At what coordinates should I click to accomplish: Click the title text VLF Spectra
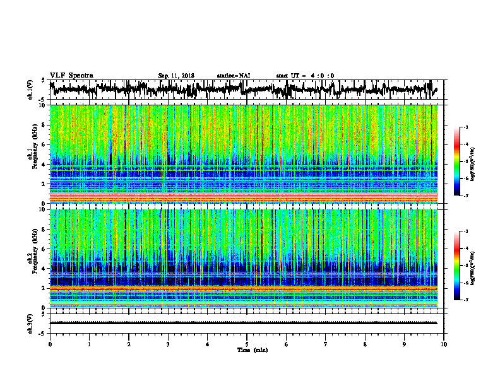71,76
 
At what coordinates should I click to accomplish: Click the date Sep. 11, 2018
176,76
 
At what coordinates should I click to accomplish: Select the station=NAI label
234,76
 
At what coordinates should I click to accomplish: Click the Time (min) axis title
252,349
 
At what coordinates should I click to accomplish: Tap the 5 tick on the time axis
247,344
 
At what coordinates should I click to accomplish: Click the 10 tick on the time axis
444,344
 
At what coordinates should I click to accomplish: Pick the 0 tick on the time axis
50,344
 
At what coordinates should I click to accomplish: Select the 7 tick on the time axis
326,344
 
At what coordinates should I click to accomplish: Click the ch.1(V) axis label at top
30,90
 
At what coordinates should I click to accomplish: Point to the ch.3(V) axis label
30,322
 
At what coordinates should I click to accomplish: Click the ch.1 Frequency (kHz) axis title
30,155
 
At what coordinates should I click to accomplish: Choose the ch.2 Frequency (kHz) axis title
30,259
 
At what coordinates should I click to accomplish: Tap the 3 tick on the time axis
168,344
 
